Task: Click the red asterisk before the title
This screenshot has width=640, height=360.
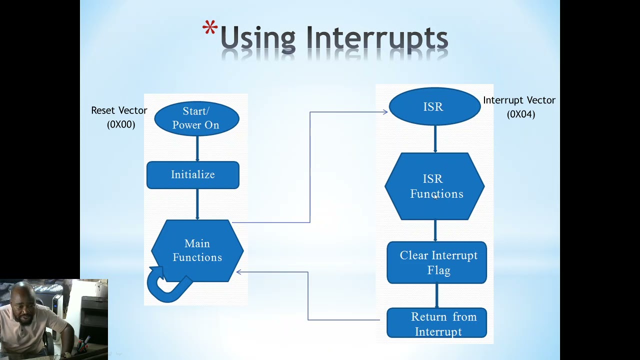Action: coord(210,29)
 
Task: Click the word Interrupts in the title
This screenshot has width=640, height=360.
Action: coord(376,38)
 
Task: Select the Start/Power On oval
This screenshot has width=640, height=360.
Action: coord(196,118)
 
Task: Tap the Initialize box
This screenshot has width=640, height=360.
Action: coord(192,175)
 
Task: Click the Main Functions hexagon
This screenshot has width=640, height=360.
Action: coord(197,250)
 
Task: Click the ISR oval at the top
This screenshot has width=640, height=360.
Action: coord(434,106)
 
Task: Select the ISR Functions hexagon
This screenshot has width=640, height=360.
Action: coord(434,186)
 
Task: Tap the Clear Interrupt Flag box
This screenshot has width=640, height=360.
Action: coord(436,263)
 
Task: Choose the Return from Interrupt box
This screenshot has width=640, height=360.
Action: coord(436,323)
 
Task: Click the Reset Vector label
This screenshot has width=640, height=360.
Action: coord(119,110)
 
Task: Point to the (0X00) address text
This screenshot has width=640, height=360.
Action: coord(121,124)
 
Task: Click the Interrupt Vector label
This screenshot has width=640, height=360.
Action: coord(519,100)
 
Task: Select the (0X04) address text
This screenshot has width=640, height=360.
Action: coord(521,114)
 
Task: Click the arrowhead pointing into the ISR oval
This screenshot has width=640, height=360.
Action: coord(385,112)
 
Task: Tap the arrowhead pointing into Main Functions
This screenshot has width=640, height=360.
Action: coord(239,272)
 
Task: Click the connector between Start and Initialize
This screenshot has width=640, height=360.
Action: coord(197,148)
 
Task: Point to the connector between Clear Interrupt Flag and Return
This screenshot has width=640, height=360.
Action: coord(436,295)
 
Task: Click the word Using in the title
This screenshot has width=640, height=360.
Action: coord(257,39)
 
